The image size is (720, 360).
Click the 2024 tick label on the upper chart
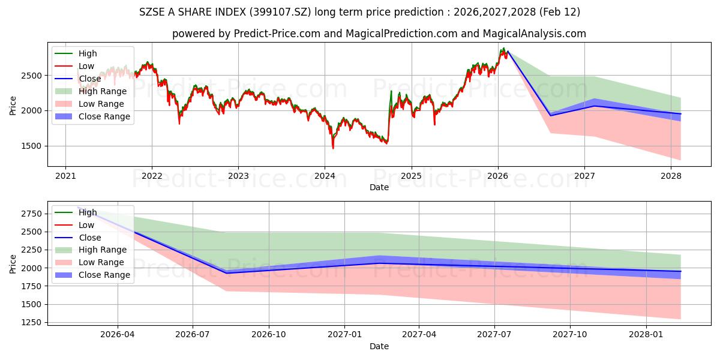[x=325, y=176]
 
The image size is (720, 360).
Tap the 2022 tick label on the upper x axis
[x=152, y=176]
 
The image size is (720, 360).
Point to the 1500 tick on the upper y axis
[x=33, y=146]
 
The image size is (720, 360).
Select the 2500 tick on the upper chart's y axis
[x=33, y=76]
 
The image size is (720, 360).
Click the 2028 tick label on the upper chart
[x=671, y=176]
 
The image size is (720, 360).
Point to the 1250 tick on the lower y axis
[x=33, y=323]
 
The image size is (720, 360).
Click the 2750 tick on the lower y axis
[x=33, y=214]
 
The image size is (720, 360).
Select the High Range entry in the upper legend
[x=103, y=91]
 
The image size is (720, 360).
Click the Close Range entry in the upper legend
[x=104, y=116]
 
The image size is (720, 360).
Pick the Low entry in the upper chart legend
[x=86, y=66]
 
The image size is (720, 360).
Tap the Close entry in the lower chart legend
[x=90, y=238]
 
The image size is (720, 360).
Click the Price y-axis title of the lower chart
[x=13, y=263]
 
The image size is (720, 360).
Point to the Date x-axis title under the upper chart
[x=379, y=187]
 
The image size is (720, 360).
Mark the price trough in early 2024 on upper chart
[x=333, y=148]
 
